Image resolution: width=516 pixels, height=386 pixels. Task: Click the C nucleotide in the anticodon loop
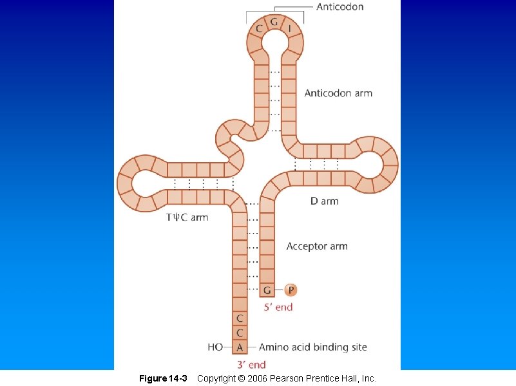tap(259, 28)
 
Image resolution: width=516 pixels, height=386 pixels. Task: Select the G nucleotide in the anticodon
tap(274, 22)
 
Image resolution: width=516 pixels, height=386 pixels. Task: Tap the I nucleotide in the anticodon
tap(289, 28)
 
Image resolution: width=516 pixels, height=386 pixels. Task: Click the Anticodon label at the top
tap(339, 7)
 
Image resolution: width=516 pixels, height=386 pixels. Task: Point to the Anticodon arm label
tap(338, 93)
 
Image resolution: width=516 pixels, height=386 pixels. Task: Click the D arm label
tap(324, 201)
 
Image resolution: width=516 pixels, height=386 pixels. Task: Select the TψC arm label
tap(187, 217)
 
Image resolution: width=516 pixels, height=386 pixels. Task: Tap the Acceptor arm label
tap(317, 246)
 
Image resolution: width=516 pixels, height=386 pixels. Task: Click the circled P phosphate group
tap(291, 290)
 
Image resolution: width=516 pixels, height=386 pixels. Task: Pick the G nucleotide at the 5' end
tap(267, 290)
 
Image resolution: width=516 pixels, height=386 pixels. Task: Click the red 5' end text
tap(278, 308)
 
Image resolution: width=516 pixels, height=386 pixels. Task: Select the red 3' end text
tap(251, 365)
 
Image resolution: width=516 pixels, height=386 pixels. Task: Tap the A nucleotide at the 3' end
tap(240, 347)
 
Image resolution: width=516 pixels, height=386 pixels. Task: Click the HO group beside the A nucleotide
tap(215, 347)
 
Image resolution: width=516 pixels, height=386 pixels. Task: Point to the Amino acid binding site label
tap(312, 347)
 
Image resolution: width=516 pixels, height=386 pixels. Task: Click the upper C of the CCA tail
tap(240, 318)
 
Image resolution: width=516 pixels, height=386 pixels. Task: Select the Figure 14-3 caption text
tap(163, 378)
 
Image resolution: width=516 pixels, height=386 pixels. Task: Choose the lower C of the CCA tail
tap(240, 333)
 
